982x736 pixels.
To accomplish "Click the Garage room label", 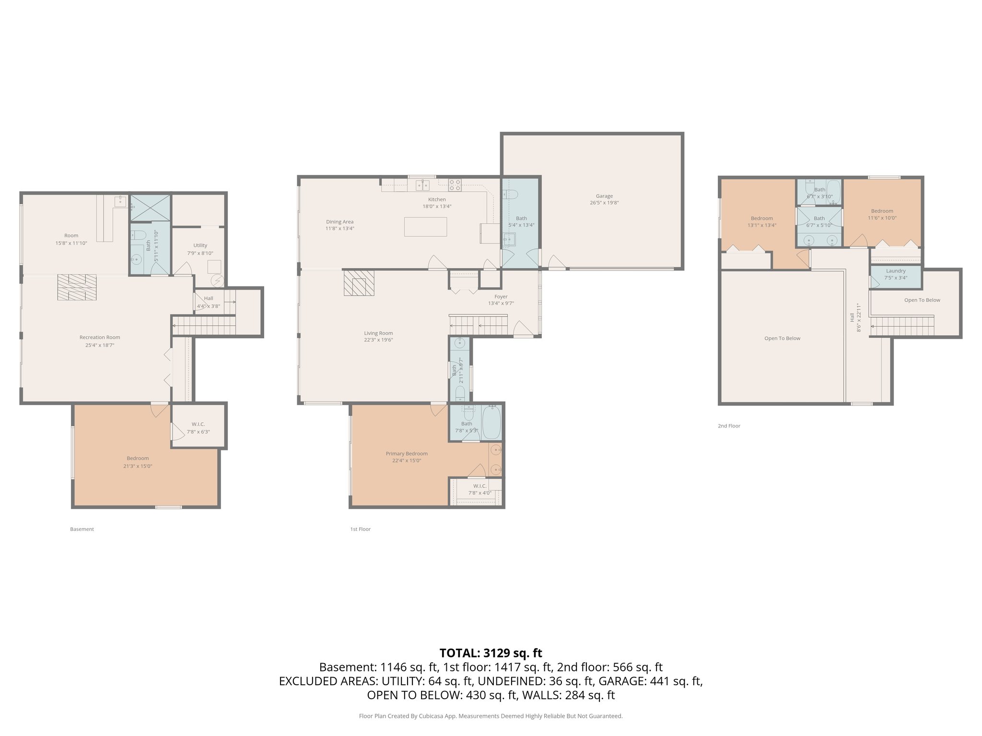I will click(x=604, y=196).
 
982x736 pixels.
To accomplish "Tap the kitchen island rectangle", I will click(x=425, y=227).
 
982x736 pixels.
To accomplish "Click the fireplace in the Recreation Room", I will click(x=77, y=287).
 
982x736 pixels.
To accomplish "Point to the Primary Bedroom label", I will click(x=407, y=454).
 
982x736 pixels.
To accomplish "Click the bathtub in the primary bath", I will click(x=491, y=422).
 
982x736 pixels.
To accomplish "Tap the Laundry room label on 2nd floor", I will click(x=896, y=271).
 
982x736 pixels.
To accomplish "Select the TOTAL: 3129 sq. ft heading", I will click(x=491, y=653).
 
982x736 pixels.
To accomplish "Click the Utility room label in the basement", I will click(x=200, y=245).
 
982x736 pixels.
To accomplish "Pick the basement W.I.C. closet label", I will click(x=198, y=424).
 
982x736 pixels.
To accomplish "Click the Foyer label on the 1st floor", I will click(x=501, y=297).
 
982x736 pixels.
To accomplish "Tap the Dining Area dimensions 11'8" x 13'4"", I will click(x=340, y=229).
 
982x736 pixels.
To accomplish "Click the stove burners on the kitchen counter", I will click(x=455, y=184).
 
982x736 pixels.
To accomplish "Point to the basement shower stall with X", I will click(x=150, y=207).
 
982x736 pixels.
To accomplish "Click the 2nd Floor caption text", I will click(x=729, y=425).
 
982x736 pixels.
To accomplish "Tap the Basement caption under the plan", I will click(x=82, y=529).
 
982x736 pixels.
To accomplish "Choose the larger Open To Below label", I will click(x=782, y=338).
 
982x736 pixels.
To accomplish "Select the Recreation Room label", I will click(x=100, y=337).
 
